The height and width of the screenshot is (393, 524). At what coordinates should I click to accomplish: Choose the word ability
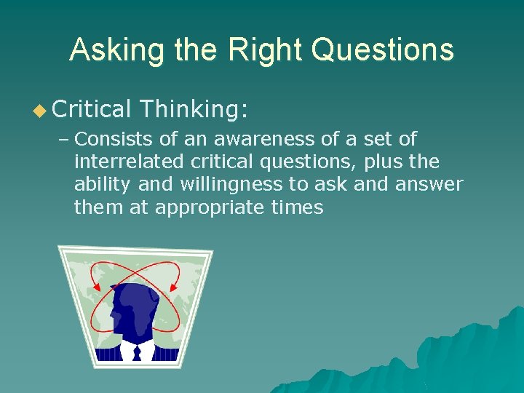click(x=99, y=185)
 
